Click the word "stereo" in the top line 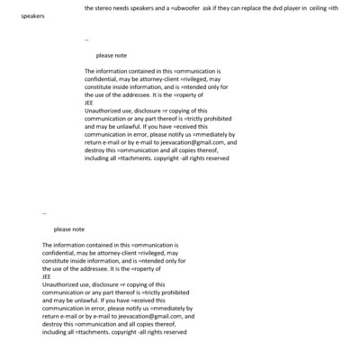click(105, 8)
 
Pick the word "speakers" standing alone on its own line click(33, 16)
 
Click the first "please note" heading click(112, 56)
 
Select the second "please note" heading click(69, 229)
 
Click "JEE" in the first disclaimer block click(88, 102)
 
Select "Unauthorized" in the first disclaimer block click(105, 110)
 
